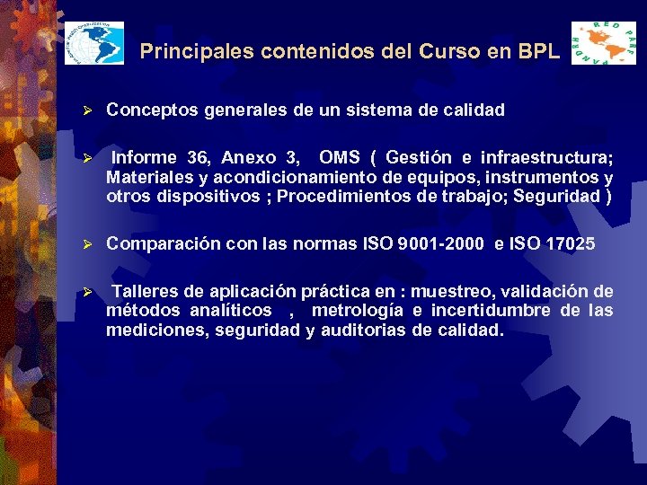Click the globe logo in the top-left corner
point(93,42)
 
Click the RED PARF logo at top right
point(603,42)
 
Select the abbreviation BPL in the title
point(539,52)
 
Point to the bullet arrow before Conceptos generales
point(88,110)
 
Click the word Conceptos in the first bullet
point(146,110)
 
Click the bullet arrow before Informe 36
point(88,158)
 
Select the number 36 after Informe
point(199,158)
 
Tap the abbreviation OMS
point(339,158)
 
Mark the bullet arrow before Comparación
point(88,243)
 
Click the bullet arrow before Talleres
point(88,291)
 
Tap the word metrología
point(355,311)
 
